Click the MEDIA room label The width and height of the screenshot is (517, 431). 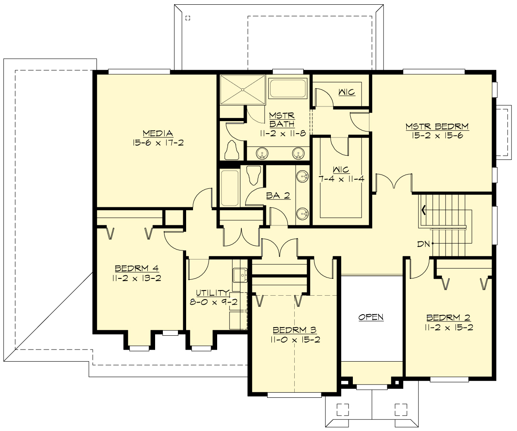158,133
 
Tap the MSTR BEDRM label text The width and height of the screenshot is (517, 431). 437,126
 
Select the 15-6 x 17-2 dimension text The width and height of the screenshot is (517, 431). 158,143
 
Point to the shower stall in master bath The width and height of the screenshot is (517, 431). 243,90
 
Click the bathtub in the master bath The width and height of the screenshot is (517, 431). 288,89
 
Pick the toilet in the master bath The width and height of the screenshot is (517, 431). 233,150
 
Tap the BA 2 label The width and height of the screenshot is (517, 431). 278,196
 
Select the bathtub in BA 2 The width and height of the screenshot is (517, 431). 229,187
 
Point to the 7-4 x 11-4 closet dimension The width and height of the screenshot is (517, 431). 341,178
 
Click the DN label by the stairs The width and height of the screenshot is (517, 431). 423,244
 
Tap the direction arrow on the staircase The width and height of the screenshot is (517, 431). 424,210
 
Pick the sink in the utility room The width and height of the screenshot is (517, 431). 240,274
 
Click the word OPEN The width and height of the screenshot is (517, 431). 371,317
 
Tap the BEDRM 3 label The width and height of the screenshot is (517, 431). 295,330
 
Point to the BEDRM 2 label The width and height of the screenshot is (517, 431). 448,318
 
